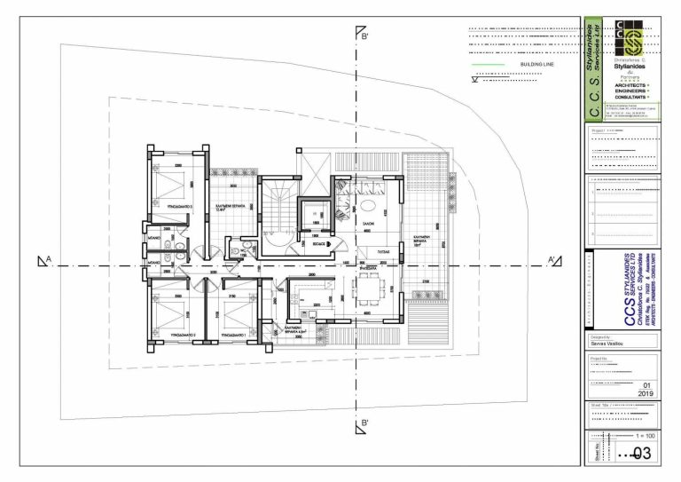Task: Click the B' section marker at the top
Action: tap(362, 36)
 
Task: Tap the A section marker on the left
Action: tap(43, 260)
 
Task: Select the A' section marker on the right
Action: tap(554, 260)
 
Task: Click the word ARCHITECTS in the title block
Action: tap(628, 85)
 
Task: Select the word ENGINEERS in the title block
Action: tap(628, 91)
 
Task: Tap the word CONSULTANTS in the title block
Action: tap(628, 98)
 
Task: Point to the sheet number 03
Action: tap(641, 454)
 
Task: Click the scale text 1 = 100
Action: tap(646, 438)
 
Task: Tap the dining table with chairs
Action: tap(367, 288)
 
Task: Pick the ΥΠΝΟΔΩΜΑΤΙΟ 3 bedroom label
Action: tap(181, 206)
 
